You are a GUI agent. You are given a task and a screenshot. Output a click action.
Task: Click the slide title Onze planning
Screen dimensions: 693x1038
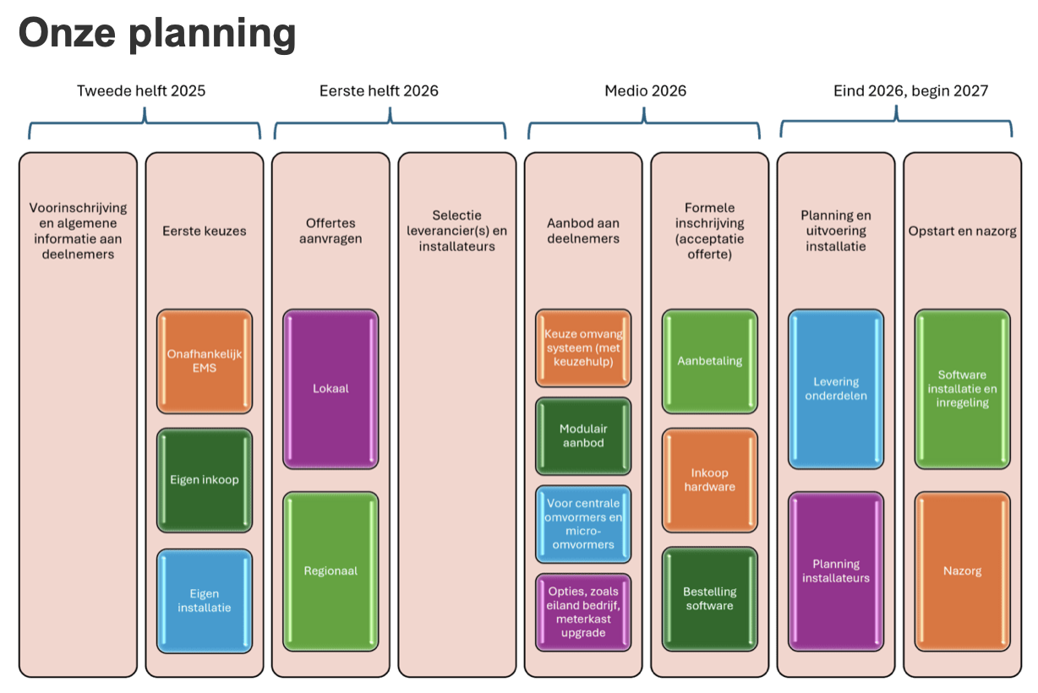coord(157,33)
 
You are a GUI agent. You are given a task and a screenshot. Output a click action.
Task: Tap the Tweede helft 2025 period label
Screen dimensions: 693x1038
coord(141,90)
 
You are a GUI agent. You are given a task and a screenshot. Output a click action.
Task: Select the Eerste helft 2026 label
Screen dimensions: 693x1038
coord(379,90)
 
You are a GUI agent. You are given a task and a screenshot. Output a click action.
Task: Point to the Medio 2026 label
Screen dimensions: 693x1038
coord(646,90)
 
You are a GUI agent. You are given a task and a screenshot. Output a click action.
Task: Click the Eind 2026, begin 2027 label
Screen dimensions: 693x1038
coord(910,90)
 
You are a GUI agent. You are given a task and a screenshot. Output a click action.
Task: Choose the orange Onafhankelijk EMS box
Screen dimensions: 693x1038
coord(204,361)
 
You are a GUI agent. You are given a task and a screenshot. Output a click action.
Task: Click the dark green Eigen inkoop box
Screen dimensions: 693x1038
coord(204,480)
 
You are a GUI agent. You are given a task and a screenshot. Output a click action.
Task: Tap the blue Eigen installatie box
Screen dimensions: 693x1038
coord(204,600)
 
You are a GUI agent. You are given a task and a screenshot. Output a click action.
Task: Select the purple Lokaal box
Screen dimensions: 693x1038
coord(331,389)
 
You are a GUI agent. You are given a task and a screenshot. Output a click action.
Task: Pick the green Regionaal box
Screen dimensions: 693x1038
coord(331,571)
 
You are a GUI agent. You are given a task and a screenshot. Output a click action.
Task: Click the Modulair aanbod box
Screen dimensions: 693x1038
coord(583,435)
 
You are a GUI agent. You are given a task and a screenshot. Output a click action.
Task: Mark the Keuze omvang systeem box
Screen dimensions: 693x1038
coord(583,347)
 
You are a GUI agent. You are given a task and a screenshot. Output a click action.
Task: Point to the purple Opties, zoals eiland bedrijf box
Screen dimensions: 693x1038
coord(583,612)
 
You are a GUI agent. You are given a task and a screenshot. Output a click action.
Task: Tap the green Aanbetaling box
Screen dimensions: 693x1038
coord(710,361)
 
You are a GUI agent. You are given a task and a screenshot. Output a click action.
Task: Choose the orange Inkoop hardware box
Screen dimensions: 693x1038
coord(710,480)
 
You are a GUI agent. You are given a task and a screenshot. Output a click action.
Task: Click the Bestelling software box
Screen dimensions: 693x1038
coord(710,598)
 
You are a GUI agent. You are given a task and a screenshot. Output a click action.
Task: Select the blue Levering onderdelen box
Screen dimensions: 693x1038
coord(836,389)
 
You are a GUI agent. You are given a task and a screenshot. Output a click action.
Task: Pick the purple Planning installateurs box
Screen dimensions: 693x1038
coord(836,571)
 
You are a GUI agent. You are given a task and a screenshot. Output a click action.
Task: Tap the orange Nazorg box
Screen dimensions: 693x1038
coord(963,571)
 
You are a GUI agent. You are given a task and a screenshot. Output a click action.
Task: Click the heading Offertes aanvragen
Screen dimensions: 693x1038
coord(331,231)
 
